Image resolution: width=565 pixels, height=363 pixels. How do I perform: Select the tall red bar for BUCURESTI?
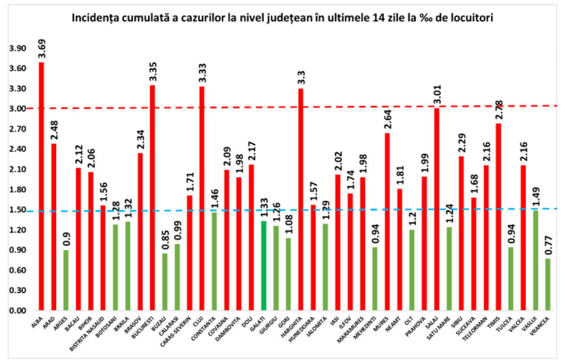[152, 198]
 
